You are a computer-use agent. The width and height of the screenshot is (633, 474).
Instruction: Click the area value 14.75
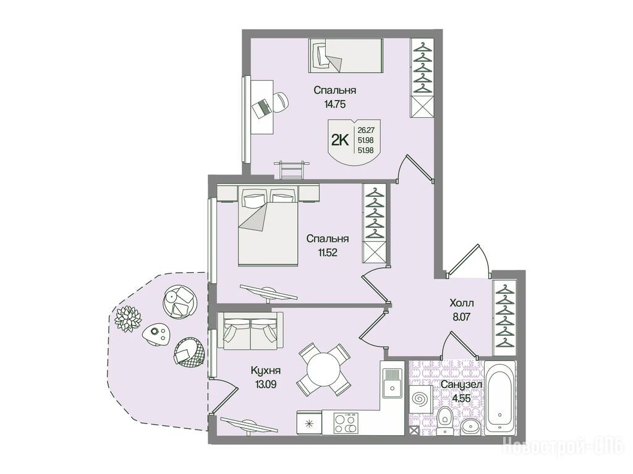pos(335,104)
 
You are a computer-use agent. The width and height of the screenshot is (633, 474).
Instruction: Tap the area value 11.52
pos(328,252)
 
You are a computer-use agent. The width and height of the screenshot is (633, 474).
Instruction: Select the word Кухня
pos(266,371)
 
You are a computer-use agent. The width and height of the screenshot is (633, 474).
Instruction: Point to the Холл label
pos(462,302)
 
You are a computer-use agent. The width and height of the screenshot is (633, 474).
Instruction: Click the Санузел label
pos(461,385)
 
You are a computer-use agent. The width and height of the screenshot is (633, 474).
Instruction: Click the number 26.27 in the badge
pos(365,130)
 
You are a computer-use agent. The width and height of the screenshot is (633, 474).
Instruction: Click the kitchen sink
pos(391,381)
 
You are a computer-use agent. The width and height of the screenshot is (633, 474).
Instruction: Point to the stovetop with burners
pos(346,423)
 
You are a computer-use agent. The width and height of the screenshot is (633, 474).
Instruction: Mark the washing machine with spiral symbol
pos(420,399)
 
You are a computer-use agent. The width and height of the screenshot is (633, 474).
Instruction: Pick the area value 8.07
pos(461,317)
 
